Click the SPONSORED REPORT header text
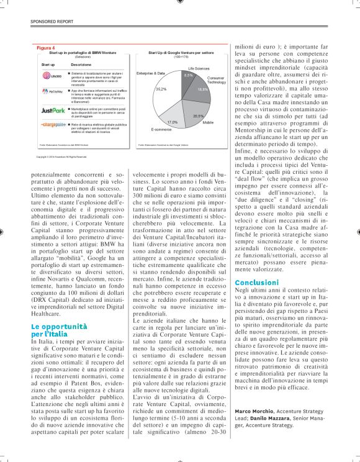[52, 21]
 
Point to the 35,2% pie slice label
[161, 89]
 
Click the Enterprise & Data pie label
[150, 73]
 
